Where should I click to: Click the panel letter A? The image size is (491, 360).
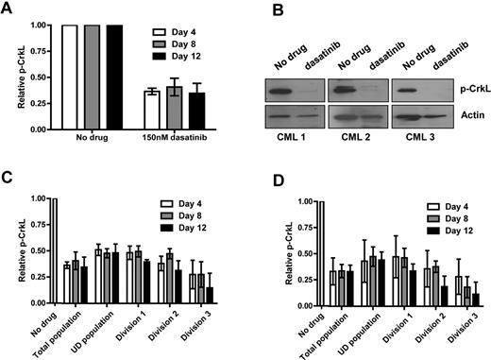tap(8, 10)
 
